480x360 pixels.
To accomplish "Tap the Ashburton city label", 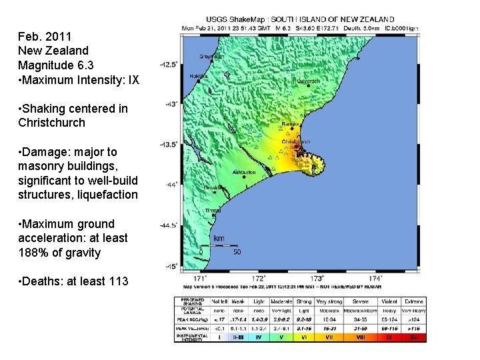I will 244,172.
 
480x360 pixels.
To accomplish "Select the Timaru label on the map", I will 213,211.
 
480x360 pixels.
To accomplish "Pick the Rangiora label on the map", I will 292,123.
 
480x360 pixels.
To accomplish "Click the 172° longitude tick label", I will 259,278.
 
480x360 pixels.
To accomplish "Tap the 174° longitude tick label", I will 375,278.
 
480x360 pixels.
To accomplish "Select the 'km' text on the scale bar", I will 219,238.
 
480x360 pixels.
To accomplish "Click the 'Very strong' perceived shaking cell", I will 329,302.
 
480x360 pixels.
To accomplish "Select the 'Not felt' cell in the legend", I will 219,302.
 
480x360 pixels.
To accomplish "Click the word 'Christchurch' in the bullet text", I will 52,123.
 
